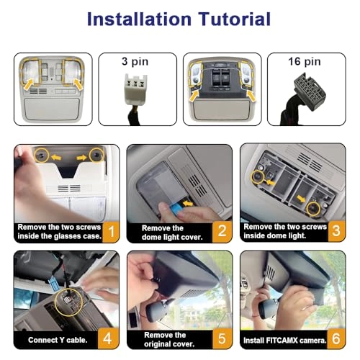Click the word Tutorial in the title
pyautogui.click(x=235, y=19)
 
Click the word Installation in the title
pyautogui.click(x=139, y=19)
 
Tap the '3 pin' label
pyautogui.click(x=135, y=62)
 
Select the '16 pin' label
pyautogui.click(x=305, y=62)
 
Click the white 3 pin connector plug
pyautogui.click(x=135, y=89)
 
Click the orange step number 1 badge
pyautogui.click(x=111, y=232)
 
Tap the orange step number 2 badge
pyautogui.click(x=222, y=232)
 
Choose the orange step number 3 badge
pyautogui.click(x=336, y=231)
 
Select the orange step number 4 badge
pyautogui.click(x=108, y=338)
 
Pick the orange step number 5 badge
pyautogui.click(x=222, y=338)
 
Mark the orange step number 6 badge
pyautogui.click(x=336, y=338)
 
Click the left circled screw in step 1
pyautogui.click(x=42, y=155)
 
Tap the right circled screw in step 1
pyautogui.click(x=96, y=155)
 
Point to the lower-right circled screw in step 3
pyautogui.click(x=313, y=208)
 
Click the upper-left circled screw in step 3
pyautogui.click(x=258, y=177)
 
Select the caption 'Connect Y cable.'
pyautogui.click(x=58, y=340)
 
